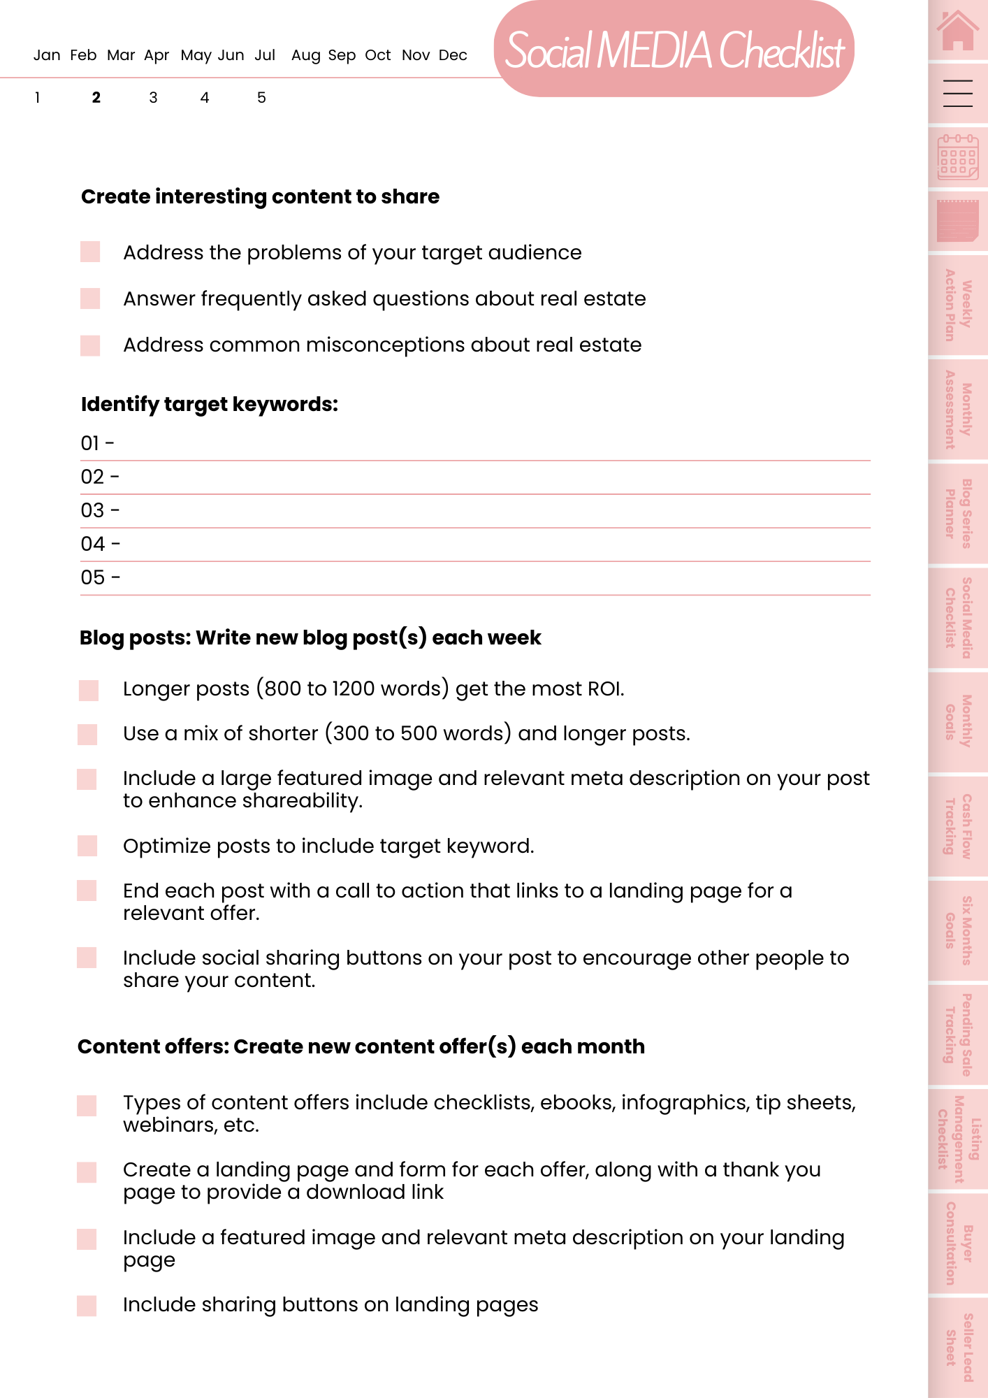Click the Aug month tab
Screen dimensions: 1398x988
tap(305, 55)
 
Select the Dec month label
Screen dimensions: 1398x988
tap(453, 55)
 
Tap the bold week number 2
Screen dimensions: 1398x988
tap(96, 98)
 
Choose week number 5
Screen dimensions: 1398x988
tap(261, 98)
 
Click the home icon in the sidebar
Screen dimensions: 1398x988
tap(958, 31)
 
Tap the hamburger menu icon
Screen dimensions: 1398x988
tap(958, 93)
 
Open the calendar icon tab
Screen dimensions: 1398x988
tap(958, 157)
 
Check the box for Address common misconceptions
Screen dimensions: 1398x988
tap(90, 345)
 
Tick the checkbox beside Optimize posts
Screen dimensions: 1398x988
tap(87, 846)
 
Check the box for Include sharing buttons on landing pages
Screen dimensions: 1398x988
tap(87, 1305)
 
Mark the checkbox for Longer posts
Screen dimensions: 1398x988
tap(89, 690)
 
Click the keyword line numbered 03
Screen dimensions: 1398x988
tap(475, 511)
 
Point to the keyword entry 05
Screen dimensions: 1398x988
tap(475, 578)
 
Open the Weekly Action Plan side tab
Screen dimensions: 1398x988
tap(958, 305)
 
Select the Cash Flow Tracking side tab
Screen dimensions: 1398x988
tap(958, 826)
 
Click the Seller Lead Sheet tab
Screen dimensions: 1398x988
tap(958, 1347)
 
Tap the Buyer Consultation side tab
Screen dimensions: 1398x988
tap(958, 1243)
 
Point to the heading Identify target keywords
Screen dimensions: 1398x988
tap(210, 405)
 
